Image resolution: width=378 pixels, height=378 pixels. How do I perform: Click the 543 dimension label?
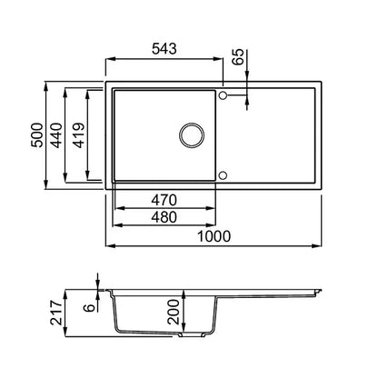click(164, 49)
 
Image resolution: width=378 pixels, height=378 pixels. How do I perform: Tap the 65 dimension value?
click(238, 56)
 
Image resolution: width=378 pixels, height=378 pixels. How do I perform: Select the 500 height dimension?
click(37, 134)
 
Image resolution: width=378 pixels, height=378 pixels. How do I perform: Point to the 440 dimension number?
click(56, 135)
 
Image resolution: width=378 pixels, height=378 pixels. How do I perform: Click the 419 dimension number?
click(79, 135)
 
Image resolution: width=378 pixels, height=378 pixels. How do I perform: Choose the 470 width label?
click(164, 200)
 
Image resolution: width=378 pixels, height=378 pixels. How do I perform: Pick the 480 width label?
click(164, 217)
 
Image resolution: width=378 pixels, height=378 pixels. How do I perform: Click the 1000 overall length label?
click(214, 236)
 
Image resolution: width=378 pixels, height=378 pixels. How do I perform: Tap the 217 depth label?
click(56, 313)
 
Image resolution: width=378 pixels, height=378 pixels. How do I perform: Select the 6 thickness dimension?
click(90, 308)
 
